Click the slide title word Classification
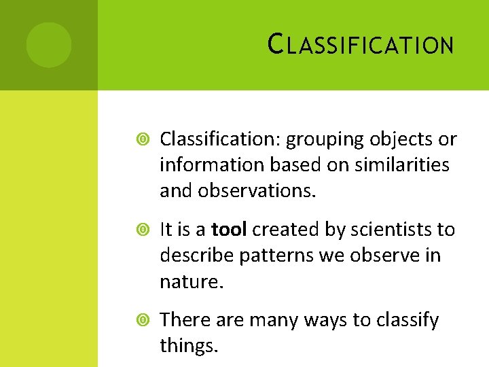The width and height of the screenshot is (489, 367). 361,45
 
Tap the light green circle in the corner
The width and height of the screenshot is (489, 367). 49,45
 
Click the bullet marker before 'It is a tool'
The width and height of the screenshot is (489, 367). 141,230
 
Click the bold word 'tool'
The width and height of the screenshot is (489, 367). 230,230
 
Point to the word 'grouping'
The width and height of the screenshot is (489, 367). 325,140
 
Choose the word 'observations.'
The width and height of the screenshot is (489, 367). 257,191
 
